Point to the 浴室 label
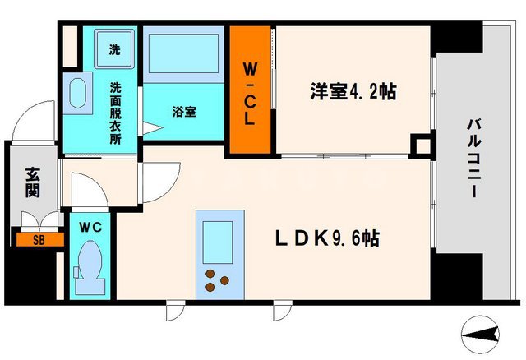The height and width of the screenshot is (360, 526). pos(183,110)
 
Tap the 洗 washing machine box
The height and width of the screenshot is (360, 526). pos(114,48)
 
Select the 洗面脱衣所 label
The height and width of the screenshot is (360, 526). pos(115,113)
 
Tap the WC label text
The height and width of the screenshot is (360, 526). pos(90,226)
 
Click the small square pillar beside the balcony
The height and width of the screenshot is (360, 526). pos(422,146)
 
